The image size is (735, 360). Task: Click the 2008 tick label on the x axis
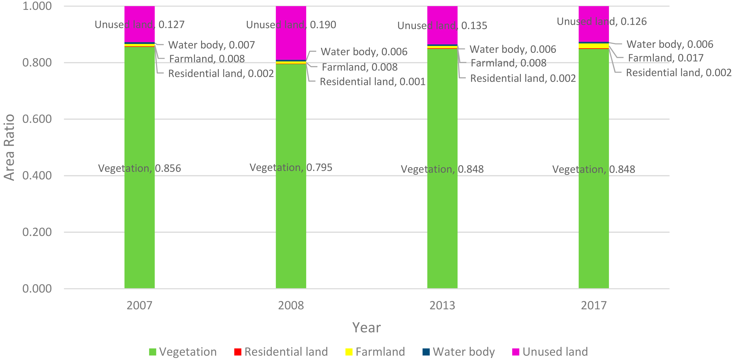[291, 306]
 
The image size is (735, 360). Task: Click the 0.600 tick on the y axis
[37, 119]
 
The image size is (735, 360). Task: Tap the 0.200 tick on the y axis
[37, 232]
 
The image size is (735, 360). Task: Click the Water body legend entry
[459, 352]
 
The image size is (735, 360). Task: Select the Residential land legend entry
[281, 352]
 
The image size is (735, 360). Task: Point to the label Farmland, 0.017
[666, 58]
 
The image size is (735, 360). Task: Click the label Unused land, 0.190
[291, 25]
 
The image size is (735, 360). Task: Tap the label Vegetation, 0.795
[291, 168]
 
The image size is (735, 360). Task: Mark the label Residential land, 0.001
[372, 82]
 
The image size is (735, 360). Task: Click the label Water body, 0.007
[211, 45]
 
